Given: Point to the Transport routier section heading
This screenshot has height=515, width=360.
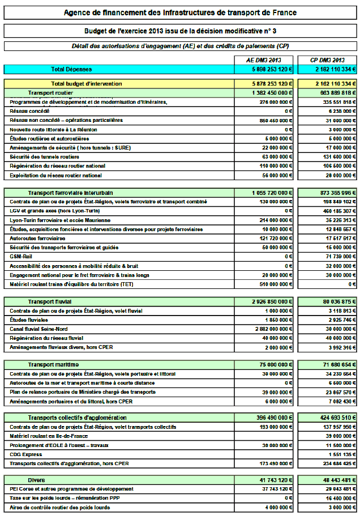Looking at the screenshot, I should click(x=50, y=92).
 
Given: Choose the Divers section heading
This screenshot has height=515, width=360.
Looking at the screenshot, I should click(x=37, y=479).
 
